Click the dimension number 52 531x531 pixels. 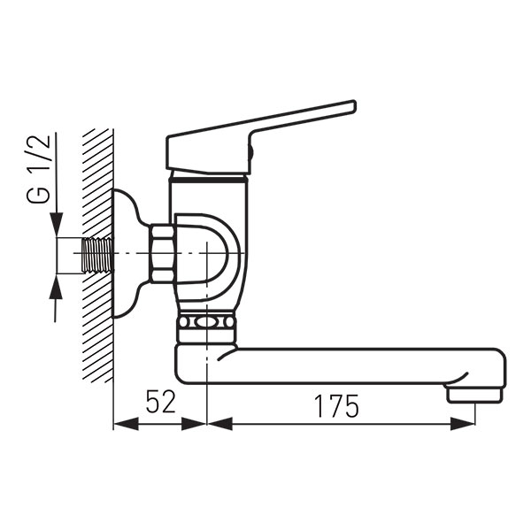[x=160, y=402]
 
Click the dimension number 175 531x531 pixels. [x=336, y=406]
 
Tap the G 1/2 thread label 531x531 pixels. [x=38, y=169]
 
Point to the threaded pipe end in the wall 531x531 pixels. [x=97, y=255]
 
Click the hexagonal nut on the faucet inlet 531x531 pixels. [x=163, y=254]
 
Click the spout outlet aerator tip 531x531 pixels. [x=474, y=396]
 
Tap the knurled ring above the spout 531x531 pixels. [x=206, y=322]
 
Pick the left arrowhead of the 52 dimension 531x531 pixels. [x=126, y=424]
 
